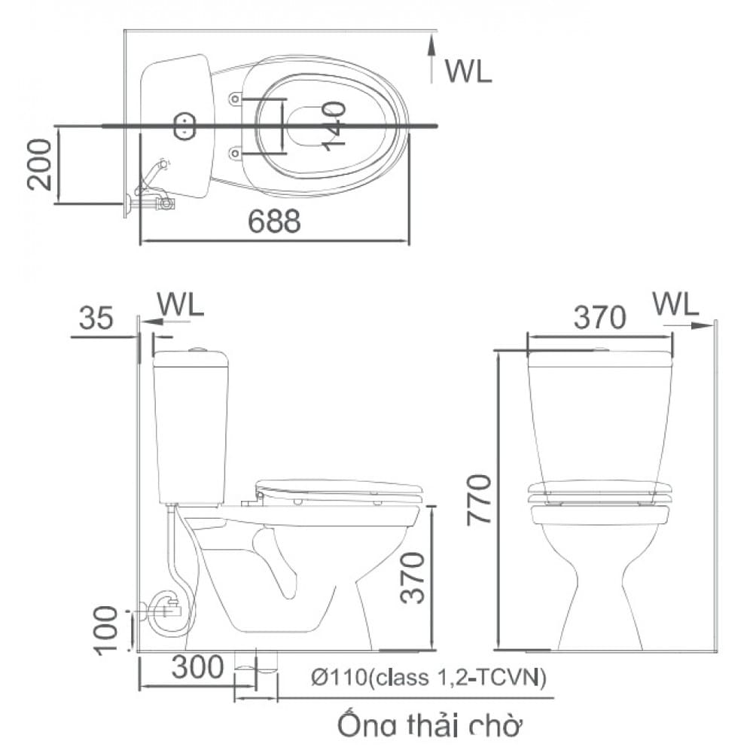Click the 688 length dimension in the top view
pyautogui.click(x=275, y=221)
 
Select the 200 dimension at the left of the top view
pyautogui.click(x=41, y=164)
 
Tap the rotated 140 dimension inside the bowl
pyautogui.click(x=335, y=125)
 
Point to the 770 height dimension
pyautogui.click(x=480, y=500)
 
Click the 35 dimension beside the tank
pyautogui.click(x=96, y=318)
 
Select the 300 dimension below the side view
pyautogui.click(x=195, y=666)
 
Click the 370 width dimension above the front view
pyautogui.click(x=599, y=318)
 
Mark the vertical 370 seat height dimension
pyautogui.click(x=413, y=577)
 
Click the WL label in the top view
pyautogui.click(x=468, y=71)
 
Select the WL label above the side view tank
pyautogui.click(x=180, y=305)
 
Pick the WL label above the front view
pyautogui.click(x=675, y=303)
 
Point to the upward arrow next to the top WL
pyautogui.click(x=431, y=59)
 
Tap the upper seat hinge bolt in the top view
pyautogui.click(x=235, y=99)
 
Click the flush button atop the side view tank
pyautogui.click(x=197, y=349)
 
